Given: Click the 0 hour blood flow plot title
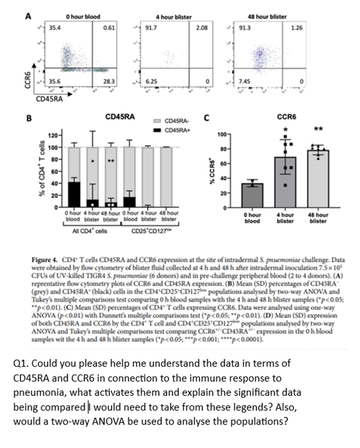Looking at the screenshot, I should point(83,17).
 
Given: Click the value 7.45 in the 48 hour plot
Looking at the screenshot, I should point(245,81).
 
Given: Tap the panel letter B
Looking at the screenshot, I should point(29,117).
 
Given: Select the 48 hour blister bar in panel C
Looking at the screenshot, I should point(318,178).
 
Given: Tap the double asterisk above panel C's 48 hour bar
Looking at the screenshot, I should point(318,129).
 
